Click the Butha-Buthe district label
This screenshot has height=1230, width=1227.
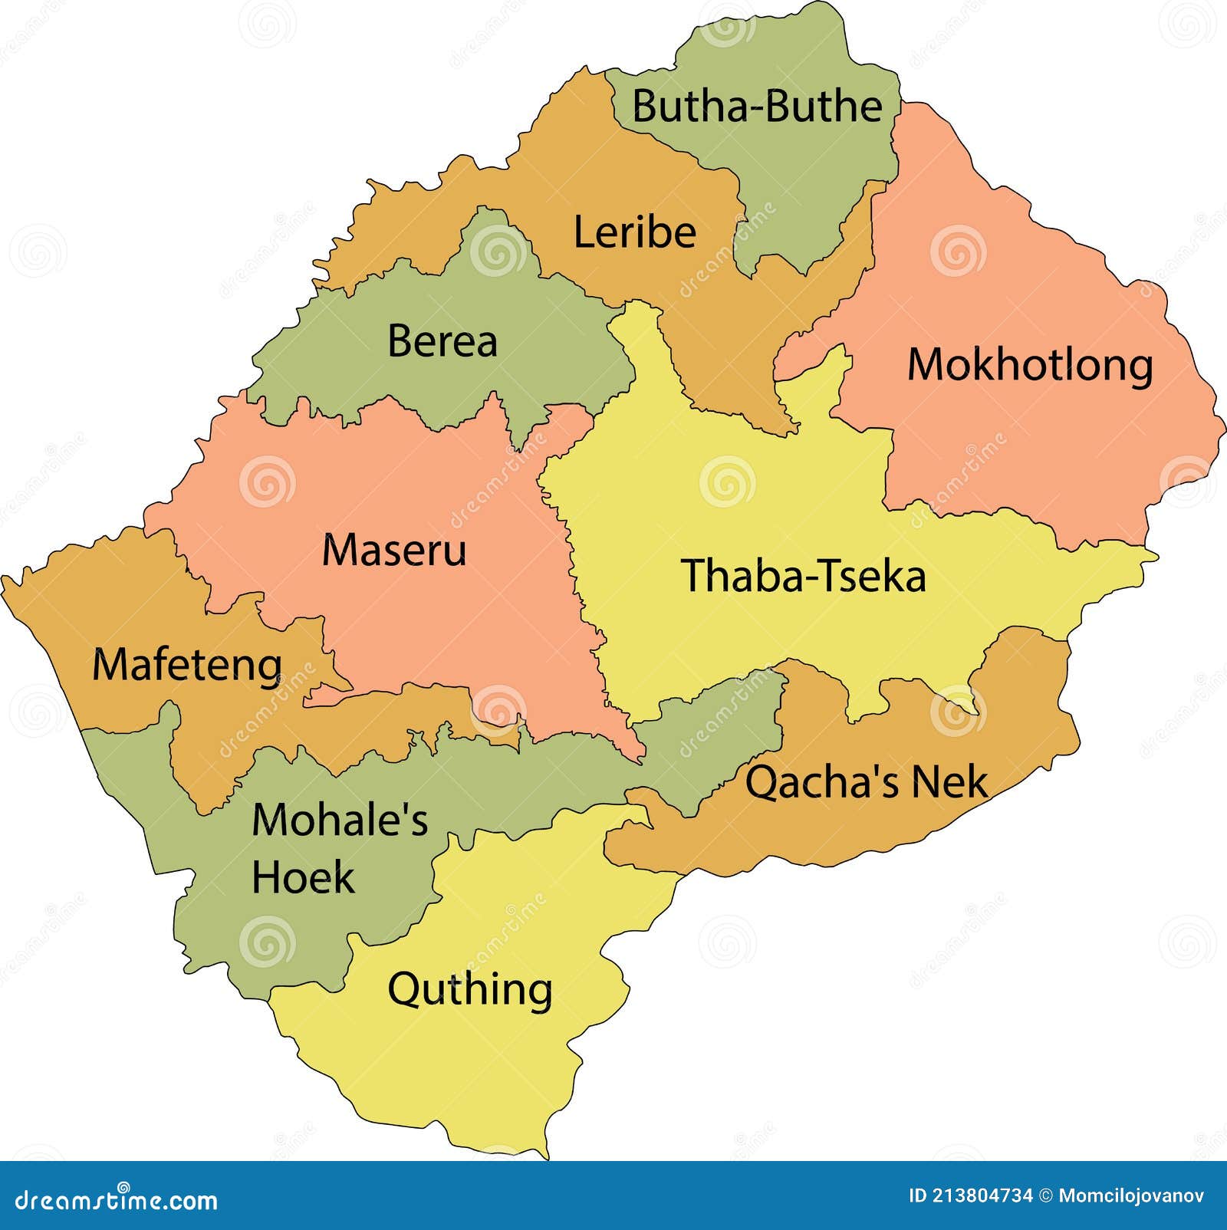click(x=757, y=107)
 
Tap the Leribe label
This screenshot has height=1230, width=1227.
click(x=634, y=233)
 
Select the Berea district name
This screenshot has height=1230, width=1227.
click(x=442, y=341)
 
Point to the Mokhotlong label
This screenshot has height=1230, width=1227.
click(x=1030, y=365)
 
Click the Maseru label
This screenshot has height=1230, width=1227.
click(x=393, y=551)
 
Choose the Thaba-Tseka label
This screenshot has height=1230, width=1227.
click(x=803, y=577)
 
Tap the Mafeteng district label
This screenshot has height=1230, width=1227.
click(x=187, y=665)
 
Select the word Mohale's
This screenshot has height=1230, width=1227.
click(x=340, y=821)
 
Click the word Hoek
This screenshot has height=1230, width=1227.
click(x=303, y=877)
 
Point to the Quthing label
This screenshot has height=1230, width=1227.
click(x=469, y=990)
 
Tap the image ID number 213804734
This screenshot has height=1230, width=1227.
click(x=982, y=1195)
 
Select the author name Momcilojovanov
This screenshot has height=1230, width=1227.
click(x=1131, y=1195)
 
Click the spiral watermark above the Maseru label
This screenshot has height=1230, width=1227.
click(x=267, y=482)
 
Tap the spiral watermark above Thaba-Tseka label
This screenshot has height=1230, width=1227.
click(x=727, y=482)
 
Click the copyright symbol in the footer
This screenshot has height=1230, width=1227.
click(x=1046, y=1195)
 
